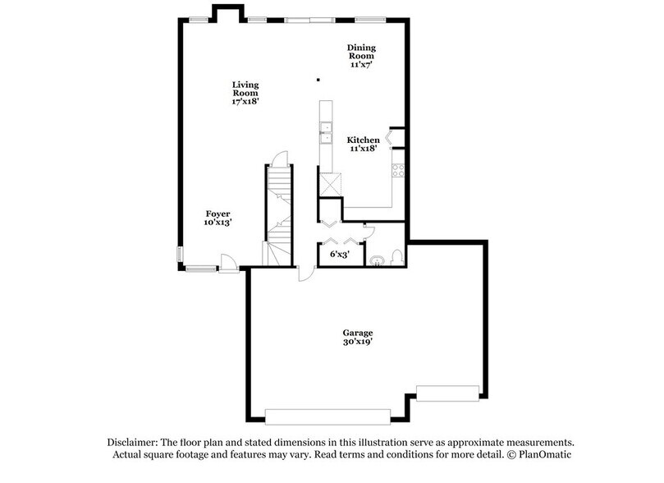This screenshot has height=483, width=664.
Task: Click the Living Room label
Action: pos(245,93)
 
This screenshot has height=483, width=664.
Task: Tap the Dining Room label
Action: pos(361,54)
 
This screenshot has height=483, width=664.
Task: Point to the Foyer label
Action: pos(218,218)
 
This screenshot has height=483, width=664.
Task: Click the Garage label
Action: pos(358,337)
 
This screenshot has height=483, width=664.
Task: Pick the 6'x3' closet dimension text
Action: pos(339,255)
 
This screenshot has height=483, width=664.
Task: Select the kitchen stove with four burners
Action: pos(398,171)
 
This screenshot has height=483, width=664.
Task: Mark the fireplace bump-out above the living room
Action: pos(227,11)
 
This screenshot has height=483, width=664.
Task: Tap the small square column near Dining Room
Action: pos(318,80)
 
